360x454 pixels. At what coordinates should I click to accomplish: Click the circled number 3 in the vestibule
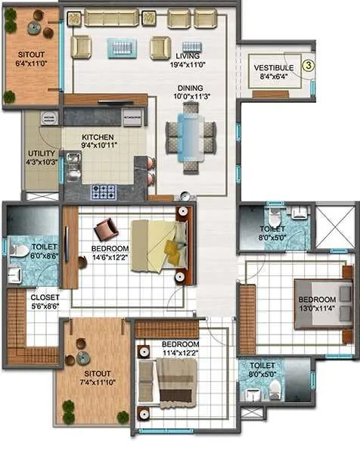tap(308, 65)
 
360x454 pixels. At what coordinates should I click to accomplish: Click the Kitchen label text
tap(98, 138)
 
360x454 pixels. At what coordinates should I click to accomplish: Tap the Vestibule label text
tap(272, 67)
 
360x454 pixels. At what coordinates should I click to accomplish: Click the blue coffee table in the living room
tap(123, 48)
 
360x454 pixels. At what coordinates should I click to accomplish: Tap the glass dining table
tap(190, 135)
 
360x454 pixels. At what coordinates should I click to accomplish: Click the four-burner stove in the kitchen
tap(103, 191)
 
